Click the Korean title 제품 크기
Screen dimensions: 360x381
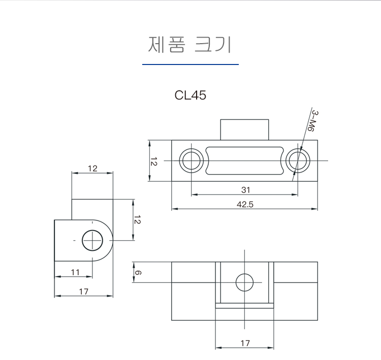click(x=190, y=45)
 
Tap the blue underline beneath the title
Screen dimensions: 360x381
click(x=190, y=64)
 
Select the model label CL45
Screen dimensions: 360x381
click(x=190, y=95)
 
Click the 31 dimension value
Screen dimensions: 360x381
click(x=245, y=190)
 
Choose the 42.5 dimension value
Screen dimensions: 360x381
click(x=245, y=204)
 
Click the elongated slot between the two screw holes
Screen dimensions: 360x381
click(x=244, y=160)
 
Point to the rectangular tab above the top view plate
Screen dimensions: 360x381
click(x=244, y=129)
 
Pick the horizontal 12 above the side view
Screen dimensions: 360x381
click(x=92, y=169)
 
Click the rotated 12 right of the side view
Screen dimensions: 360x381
click(x=137, y=220)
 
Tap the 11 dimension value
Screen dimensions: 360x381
click(x=75, y=272)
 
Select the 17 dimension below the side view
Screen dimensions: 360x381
click(x=84, y=291)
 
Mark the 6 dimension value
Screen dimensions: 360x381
click(x=139, y=273)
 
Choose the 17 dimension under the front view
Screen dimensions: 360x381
click(x=245, y=343)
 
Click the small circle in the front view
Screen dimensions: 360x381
click(x=244, y=282)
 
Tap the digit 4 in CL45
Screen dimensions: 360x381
click(x=196, y=95)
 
